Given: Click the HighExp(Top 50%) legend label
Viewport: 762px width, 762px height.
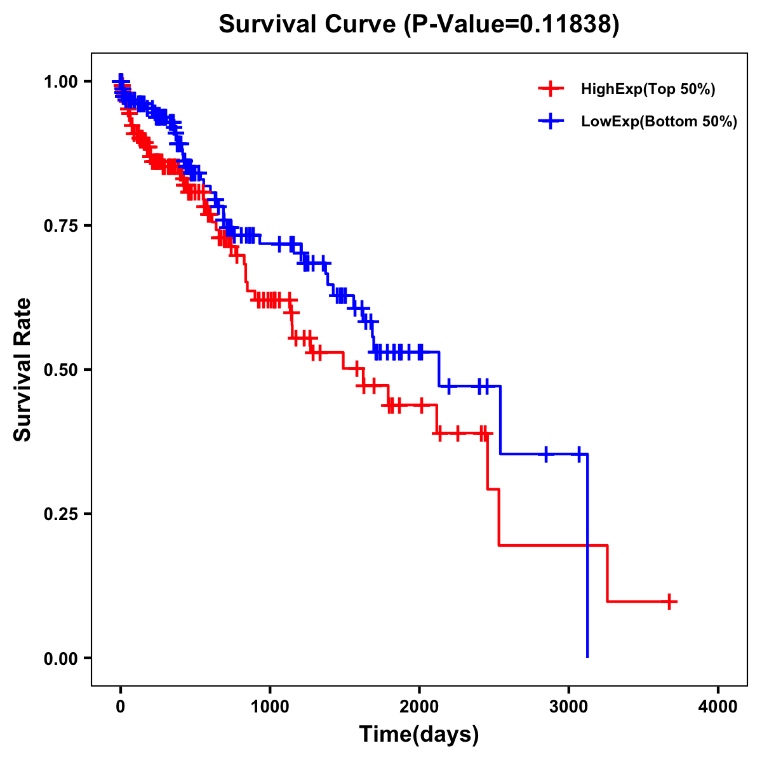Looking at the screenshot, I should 648,89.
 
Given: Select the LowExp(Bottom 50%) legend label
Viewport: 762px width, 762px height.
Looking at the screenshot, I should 659,121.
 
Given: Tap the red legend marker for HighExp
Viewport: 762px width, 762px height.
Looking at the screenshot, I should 551,89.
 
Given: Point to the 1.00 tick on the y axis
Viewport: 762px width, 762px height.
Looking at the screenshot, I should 62,82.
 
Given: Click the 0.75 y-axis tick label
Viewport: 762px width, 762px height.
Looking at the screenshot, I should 62,226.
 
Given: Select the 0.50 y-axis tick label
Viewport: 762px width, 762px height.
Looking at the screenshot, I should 62,370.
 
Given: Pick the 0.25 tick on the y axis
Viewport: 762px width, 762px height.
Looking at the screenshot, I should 62,514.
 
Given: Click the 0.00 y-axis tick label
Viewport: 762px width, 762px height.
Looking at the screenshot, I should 62,658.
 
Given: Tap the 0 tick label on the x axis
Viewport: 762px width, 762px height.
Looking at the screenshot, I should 121,707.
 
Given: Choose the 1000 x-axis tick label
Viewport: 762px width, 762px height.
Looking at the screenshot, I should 270,707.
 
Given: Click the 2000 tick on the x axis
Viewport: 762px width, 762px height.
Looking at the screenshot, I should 419,707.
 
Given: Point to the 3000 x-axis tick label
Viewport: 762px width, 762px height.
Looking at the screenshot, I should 569,707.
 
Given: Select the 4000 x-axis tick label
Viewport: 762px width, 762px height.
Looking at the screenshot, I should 718,707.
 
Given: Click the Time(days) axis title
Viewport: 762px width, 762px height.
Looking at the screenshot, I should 419,735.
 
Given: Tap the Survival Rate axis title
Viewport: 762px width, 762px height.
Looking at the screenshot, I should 23,370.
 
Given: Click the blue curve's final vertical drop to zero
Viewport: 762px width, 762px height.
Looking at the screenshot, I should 587,559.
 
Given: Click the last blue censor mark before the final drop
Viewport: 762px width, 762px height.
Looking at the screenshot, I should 579,454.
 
